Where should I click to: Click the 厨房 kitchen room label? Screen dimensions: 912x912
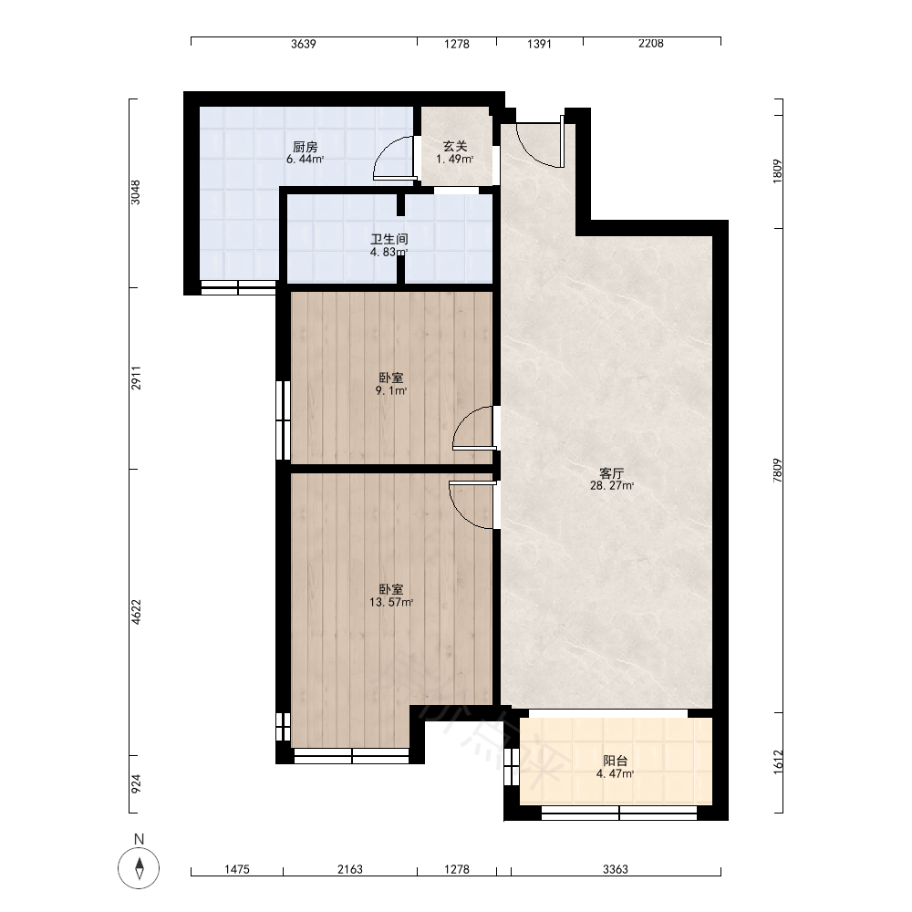coord(305,147)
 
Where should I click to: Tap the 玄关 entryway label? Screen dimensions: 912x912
coord(455,147)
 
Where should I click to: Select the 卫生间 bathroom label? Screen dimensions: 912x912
coord(389,239)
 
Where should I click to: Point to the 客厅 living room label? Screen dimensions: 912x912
coord(612,472)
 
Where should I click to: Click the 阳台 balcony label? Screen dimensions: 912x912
coord(615,761)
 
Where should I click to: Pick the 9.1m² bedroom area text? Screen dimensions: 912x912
coord(391,391)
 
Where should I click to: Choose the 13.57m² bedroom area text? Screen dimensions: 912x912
coord(391,603)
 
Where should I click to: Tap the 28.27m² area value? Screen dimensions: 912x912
coord(612,486)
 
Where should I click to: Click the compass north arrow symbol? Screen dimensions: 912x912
coord(139,868)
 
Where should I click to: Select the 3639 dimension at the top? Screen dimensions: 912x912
coord(304,44)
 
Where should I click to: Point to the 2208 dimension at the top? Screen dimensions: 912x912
coord(651,44)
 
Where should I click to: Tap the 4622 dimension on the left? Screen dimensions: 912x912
coord(136,613)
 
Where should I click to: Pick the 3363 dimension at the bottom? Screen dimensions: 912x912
coord(616,869)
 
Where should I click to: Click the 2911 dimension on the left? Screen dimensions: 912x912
coord(136,378)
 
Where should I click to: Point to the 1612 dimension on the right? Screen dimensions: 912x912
coord(778,762)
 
